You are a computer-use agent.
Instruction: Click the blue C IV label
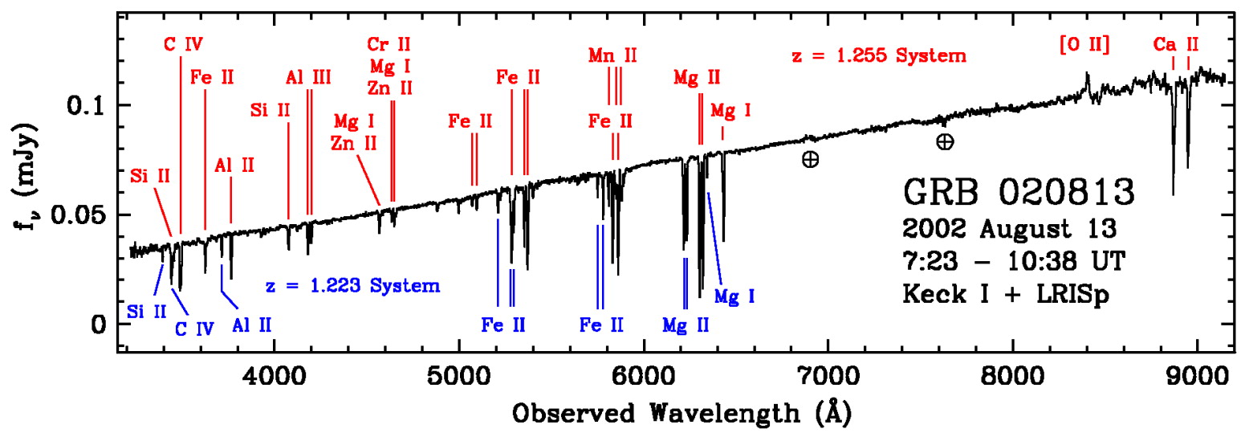coord(194,327)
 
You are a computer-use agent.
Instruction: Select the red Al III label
coord(308,77)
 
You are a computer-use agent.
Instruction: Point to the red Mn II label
coord(612,55)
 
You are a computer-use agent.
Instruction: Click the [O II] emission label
coord(1084,46)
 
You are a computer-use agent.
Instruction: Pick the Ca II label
coord(1176,44)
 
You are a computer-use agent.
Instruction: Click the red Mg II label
coord(697,78)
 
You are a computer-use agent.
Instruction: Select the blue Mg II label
coord(686,325)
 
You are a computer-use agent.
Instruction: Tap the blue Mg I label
coord(734,296)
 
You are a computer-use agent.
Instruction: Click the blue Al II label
coord(252,325)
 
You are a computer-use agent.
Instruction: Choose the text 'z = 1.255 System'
coord(877,57)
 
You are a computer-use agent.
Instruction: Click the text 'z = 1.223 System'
coord(352,285)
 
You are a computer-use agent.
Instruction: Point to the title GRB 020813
coord(1019,193)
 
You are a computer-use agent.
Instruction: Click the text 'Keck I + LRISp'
coord(1009,292)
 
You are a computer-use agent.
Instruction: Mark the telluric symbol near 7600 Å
coord(945,142)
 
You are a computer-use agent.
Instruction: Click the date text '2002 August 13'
coord(1009,228)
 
